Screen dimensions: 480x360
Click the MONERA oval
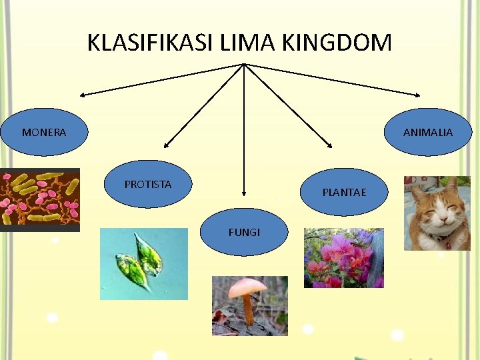pos(44,132)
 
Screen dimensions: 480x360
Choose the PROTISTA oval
pos(148,184)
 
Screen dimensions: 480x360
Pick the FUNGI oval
pos(244,232)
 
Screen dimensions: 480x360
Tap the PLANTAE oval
pos(344,192)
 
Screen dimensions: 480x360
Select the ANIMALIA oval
pos(428,132)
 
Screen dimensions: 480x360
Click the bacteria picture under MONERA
pos(40,199)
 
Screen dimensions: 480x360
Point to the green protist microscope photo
pos(144,264)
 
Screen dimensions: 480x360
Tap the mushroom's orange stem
pos(247,310)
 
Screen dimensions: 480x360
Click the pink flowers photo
pos(343,258)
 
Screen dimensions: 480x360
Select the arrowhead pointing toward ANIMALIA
pos(417,93)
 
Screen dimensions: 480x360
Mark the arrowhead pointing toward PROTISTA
pos(166,144)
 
